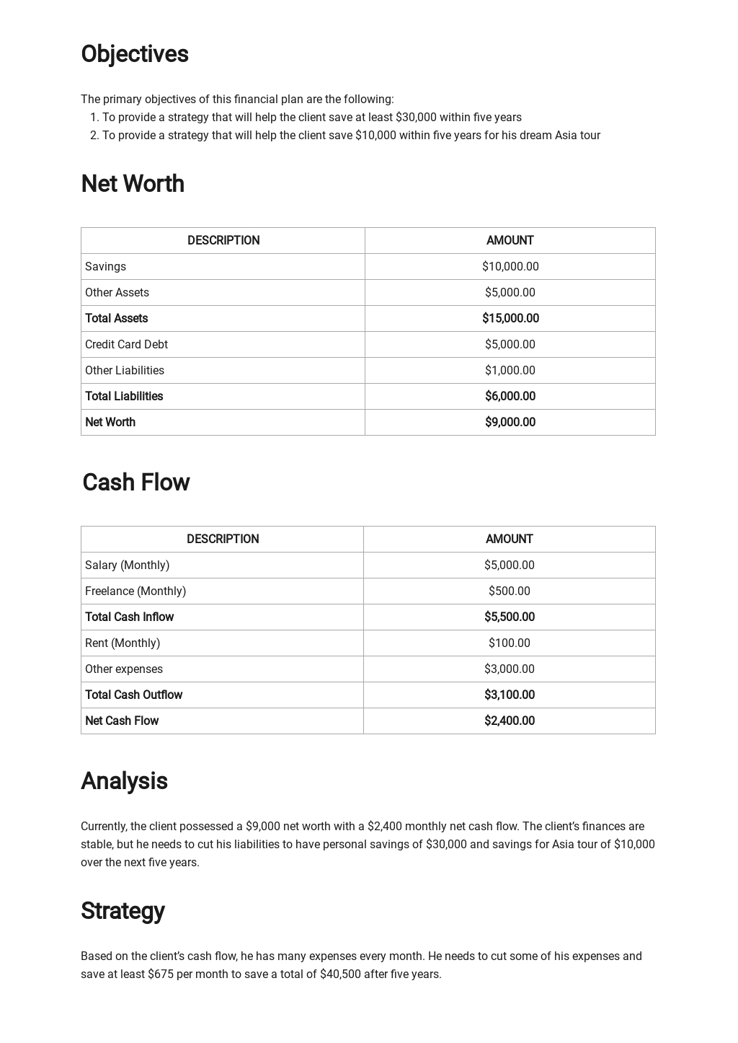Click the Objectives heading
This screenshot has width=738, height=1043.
(135, 54)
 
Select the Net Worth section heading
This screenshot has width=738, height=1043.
(133, 184)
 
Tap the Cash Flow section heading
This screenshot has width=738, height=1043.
(135, 483)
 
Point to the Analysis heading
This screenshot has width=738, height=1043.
(124, 781)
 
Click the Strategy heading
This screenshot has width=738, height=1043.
(123, 911)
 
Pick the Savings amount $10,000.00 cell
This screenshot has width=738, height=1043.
(510, 267)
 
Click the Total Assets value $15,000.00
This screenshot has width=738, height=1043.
(510, 319)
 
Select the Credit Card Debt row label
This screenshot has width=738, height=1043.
(126, 345)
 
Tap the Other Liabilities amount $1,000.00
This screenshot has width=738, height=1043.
(510, 371)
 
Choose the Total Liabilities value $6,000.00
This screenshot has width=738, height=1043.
(510, 397)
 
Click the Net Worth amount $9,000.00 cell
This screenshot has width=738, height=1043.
(510, 423)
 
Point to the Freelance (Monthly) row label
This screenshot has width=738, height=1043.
(135, 591)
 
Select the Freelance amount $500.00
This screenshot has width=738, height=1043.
(509, 591)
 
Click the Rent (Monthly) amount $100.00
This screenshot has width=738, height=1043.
(509, 643)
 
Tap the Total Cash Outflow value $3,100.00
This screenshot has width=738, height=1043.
(509, 695)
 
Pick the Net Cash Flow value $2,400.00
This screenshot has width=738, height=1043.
(509, 721)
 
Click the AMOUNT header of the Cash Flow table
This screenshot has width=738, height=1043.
(509, 540)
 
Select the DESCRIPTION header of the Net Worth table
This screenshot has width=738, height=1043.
(223, 241)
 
